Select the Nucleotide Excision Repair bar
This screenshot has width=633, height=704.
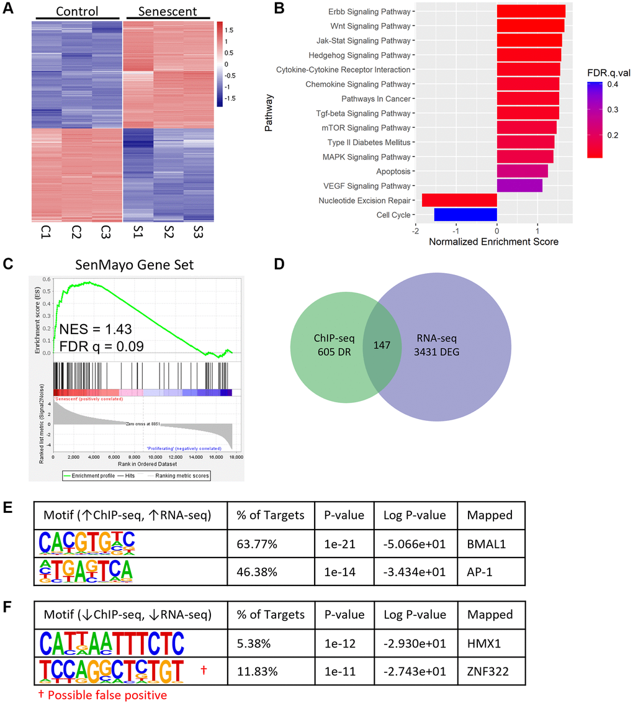point(459,200)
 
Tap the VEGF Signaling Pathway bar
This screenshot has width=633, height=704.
point(519,186)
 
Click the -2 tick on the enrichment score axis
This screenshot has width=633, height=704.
point(415,229)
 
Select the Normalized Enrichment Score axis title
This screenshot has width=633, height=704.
point(493,241)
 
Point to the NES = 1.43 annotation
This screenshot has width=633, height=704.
point(96,329)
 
